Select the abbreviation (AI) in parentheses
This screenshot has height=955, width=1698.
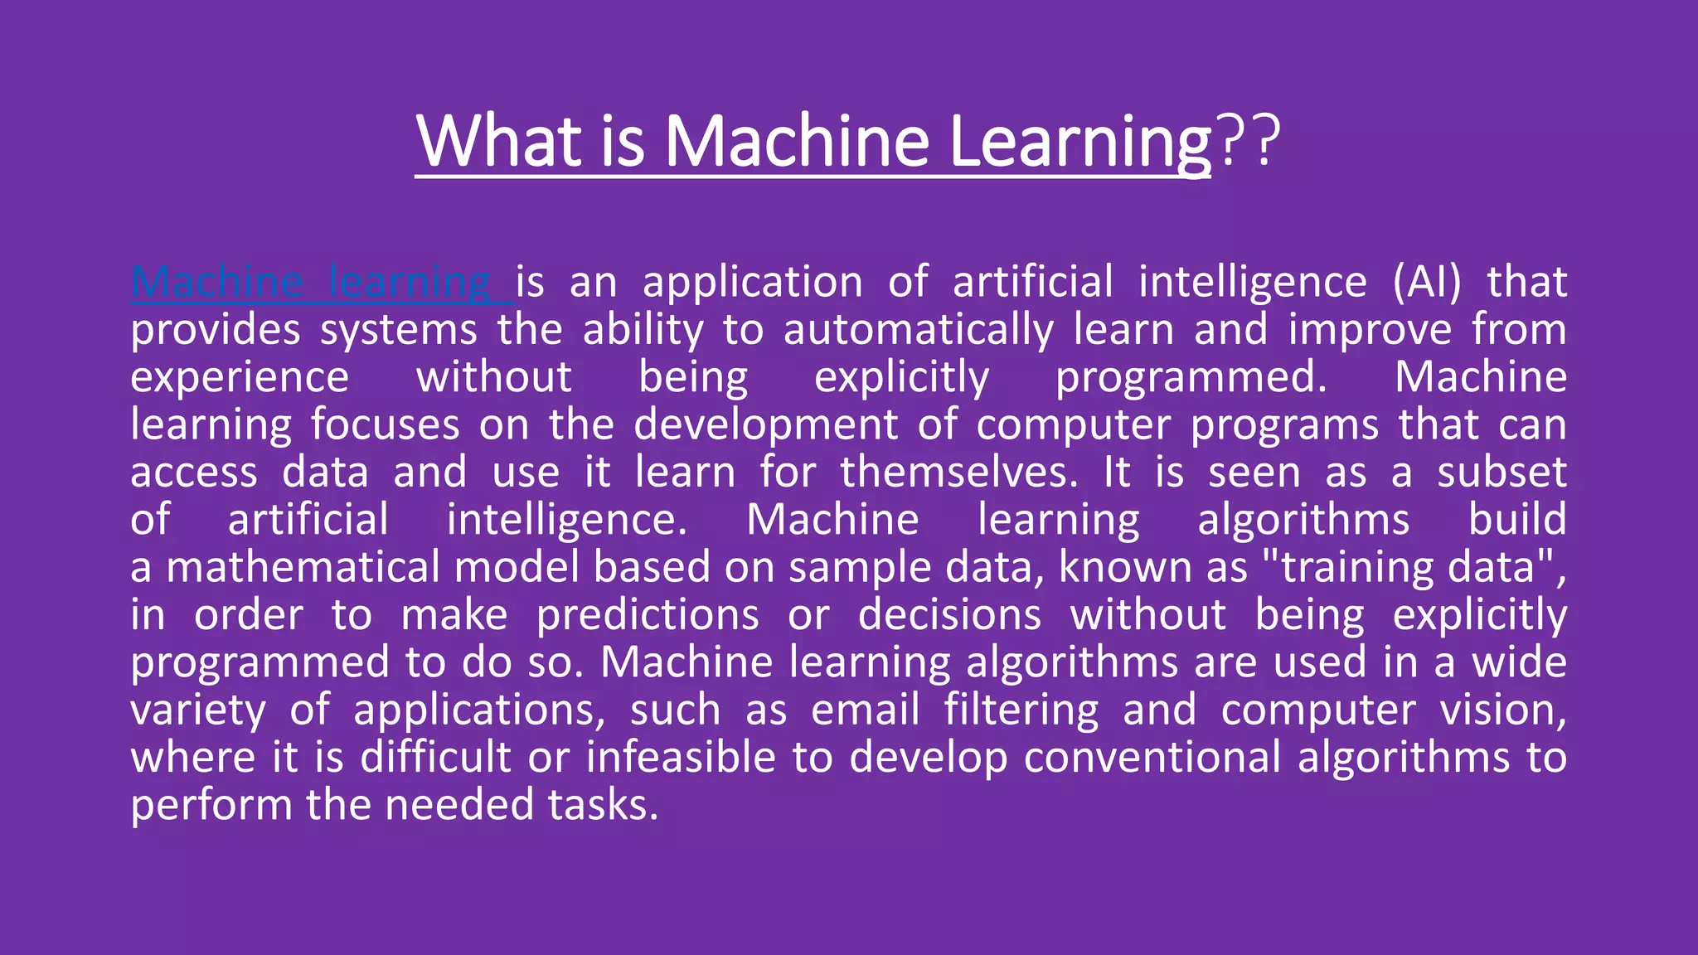click(x=1427, y=282)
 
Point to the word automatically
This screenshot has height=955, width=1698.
click(x=918, y=330)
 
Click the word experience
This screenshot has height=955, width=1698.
click(x=240, y=378)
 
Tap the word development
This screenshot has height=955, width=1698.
click(x=765, y=424)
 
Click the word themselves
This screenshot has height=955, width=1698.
click(x=958, y=473)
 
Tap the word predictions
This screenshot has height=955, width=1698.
click(x=647, y=616)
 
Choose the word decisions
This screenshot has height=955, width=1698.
click(x=949, y=616)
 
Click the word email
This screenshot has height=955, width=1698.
click(x=865, y=710)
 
